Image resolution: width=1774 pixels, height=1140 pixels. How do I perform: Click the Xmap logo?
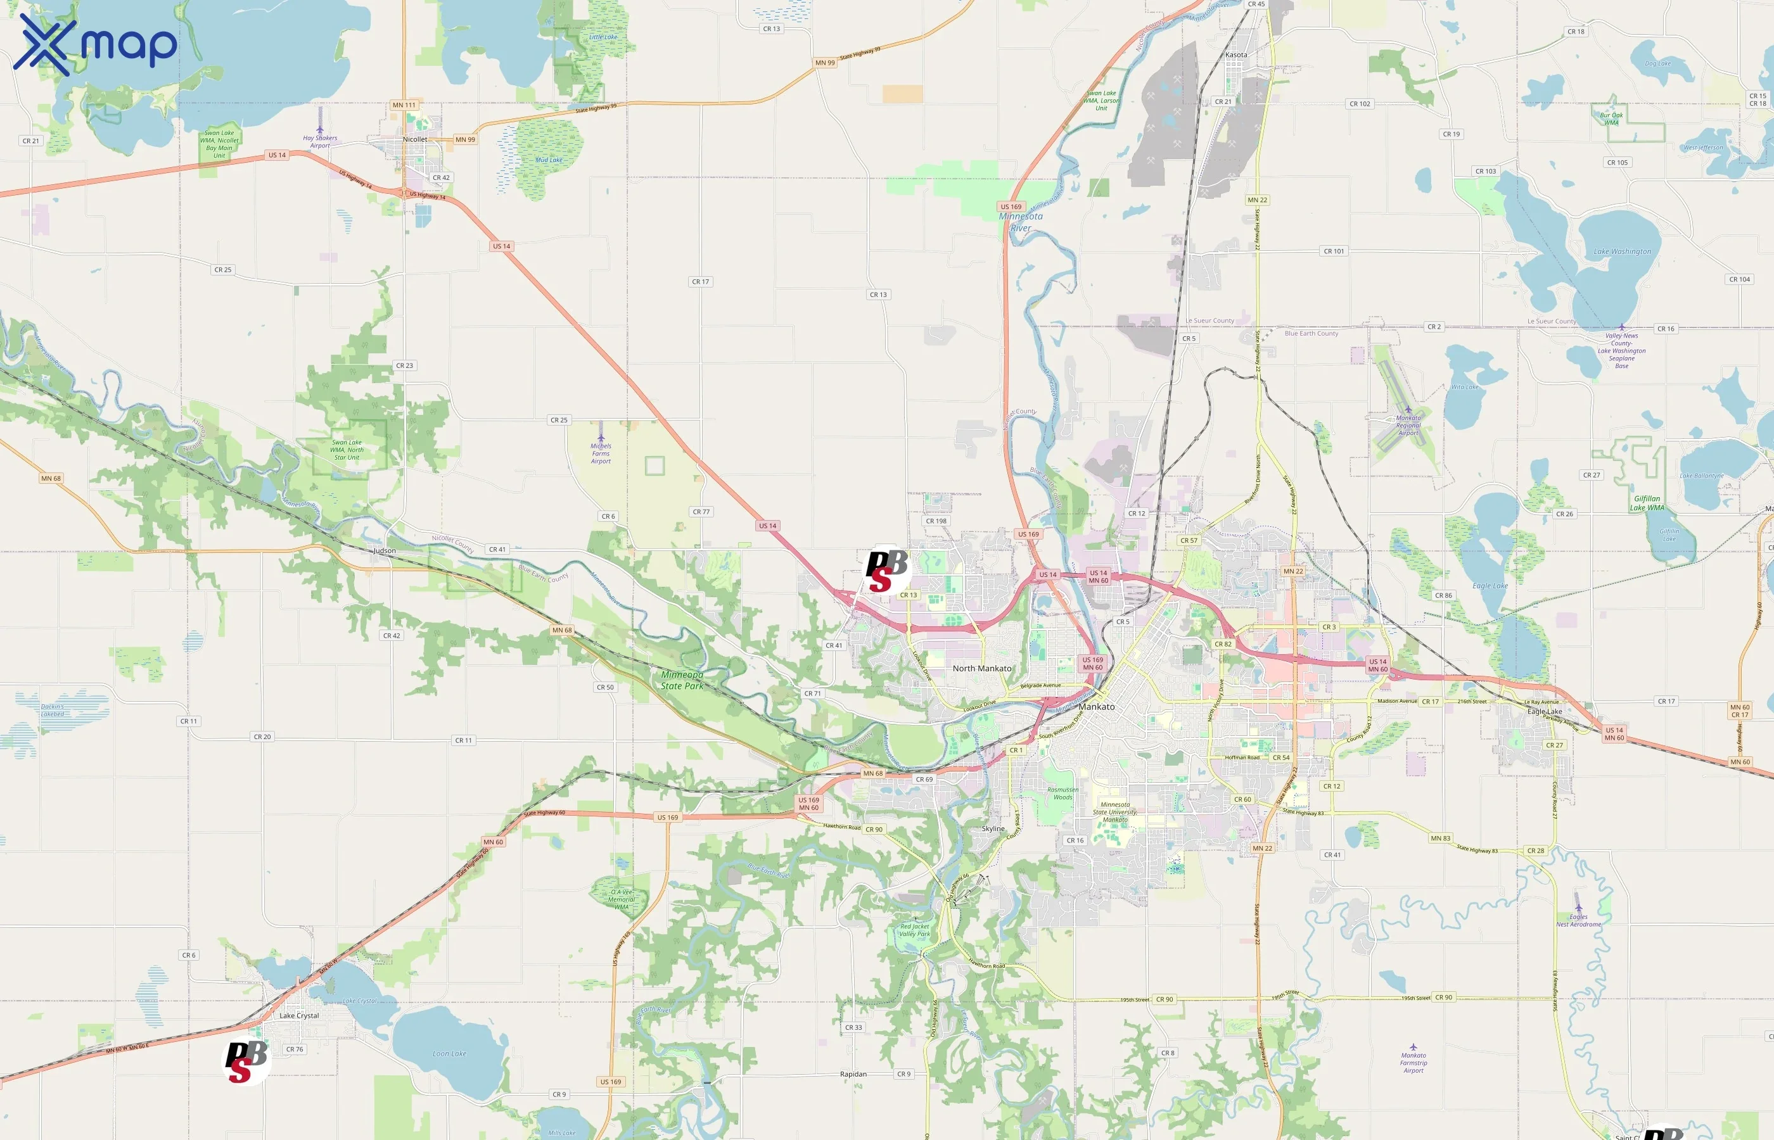[95, 44]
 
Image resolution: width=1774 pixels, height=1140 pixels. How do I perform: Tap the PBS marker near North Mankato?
[886, 570]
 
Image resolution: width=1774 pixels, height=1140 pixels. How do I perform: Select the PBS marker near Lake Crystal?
[246, 1061]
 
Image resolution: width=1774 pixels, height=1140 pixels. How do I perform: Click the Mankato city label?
[1096, 707]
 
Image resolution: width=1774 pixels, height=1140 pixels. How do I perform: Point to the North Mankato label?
[982, 668]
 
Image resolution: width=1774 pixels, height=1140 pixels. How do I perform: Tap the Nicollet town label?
[414, 139]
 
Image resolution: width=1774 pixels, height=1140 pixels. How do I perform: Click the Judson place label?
[385, 551]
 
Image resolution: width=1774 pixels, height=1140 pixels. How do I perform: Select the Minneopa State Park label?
[682, 680]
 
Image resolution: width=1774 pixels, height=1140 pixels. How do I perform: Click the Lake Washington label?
[1622, 251]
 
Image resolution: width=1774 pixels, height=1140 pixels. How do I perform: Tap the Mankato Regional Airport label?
[1408, 425]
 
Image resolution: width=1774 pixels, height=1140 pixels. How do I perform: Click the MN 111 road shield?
[404, 105]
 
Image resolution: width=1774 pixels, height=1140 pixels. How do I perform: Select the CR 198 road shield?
[936, 521]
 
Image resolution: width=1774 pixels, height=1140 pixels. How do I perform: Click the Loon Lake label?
[449, 1053]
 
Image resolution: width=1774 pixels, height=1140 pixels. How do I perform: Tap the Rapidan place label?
[853, 1074]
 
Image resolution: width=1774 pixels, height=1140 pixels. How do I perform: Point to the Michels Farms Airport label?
[601, 453]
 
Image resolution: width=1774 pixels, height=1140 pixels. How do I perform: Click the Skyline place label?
[993, 829]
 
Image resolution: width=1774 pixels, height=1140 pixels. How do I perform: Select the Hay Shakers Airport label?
[320, 141]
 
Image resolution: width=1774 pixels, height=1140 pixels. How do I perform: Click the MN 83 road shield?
[1440, 839]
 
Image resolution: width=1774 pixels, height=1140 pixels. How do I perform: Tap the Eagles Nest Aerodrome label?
[1578, 920]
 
